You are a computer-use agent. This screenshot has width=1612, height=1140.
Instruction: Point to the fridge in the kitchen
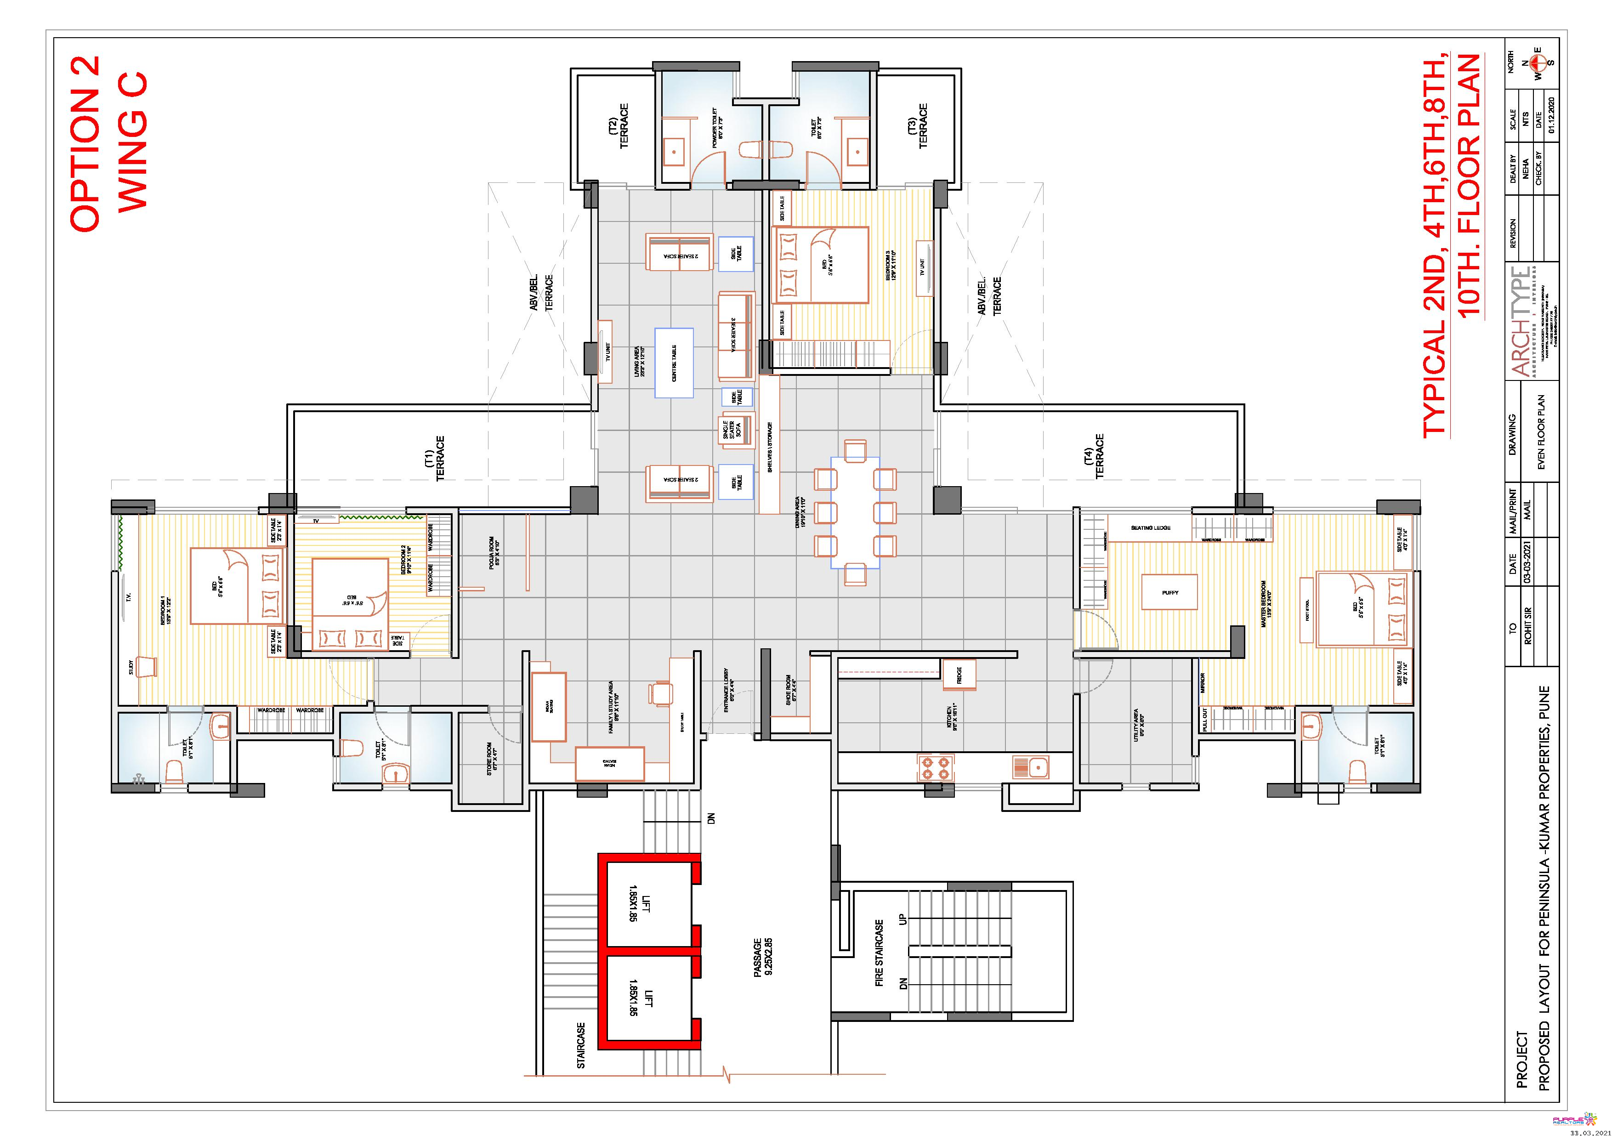pyautogui.click(x=959, y=675)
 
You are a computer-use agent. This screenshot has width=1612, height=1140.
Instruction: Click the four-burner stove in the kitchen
pyautogui.click(x=935, y=767)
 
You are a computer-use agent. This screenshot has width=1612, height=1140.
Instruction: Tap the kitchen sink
pyautogui.click(x=1030, y=766)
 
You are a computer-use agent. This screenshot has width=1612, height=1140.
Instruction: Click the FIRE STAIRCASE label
pyautogui.click(x=879, y=953)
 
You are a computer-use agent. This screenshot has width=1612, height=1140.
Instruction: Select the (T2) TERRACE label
pyautogui.click(x=619, y=126)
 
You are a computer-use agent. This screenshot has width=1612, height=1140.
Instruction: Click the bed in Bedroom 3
pyautogui.click(x=820, y=265)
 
